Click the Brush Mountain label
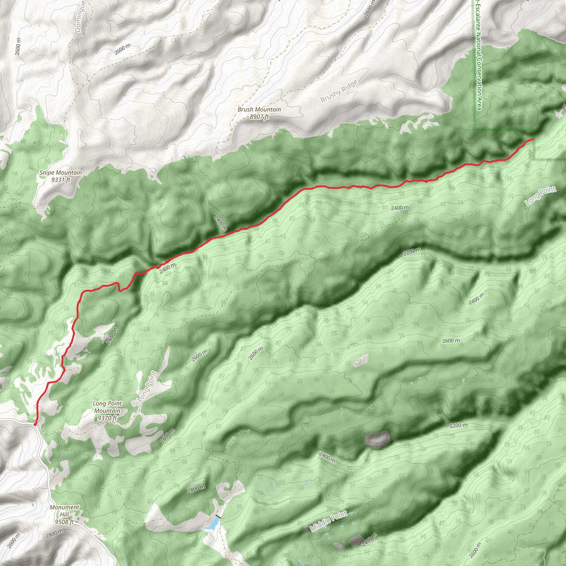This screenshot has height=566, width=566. point(259,109)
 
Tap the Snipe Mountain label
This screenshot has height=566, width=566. point(61,172)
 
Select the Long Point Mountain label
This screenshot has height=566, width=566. point(107,407)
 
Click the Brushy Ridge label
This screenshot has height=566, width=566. point(339,91)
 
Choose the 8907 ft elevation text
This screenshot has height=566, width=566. point(259,117)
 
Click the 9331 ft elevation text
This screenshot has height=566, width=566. point(61,180)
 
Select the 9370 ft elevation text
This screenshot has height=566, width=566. point(107,418)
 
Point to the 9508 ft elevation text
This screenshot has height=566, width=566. point(64,522)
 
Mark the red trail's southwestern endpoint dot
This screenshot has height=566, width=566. point(35,424)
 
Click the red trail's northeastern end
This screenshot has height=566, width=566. point(532,139)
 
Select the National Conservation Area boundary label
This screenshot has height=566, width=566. point(479,56)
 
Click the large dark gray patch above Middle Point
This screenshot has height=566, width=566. point(377,440)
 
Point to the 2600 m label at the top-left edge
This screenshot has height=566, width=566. point(18,47)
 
